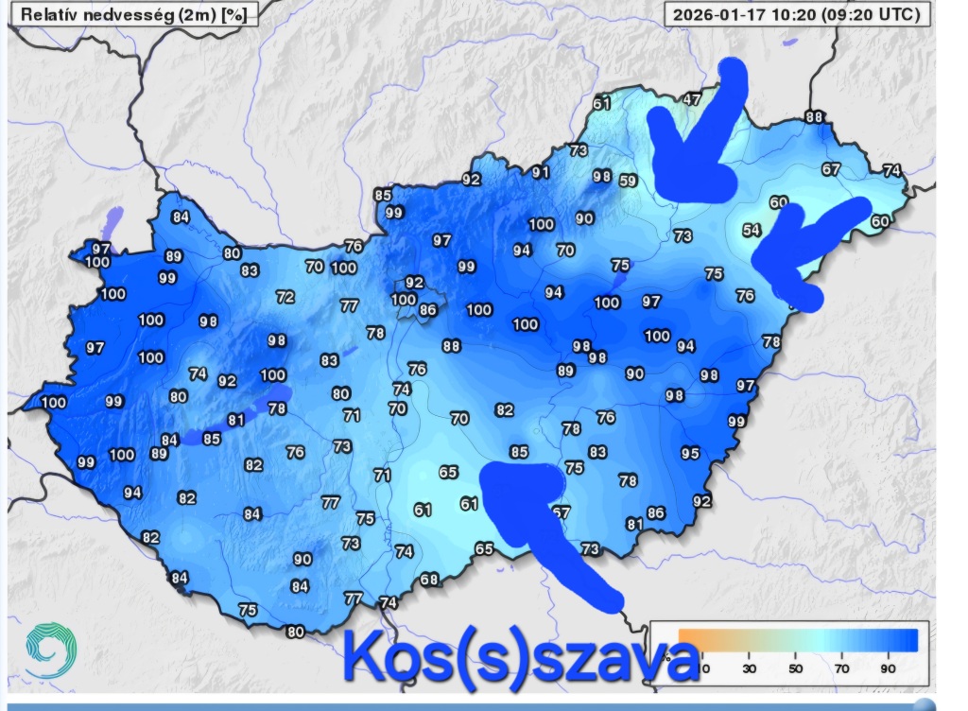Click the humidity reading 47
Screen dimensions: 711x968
(x=692, y=98)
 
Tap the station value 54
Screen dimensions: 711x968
(x=752, y=230)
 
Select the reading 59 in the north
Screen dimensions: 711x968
(x=628, y=181)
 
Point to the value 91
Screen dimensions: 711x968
(x=540, y=172)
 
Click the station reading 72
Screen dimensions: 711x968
(x=285, y=297)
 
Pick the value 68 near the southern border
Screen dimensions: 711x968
(x=429, y=580)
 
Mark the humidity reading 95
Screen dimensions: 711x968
(x=690, y=454)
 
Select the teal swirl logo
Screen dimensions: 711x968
(x=50, y=650)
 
